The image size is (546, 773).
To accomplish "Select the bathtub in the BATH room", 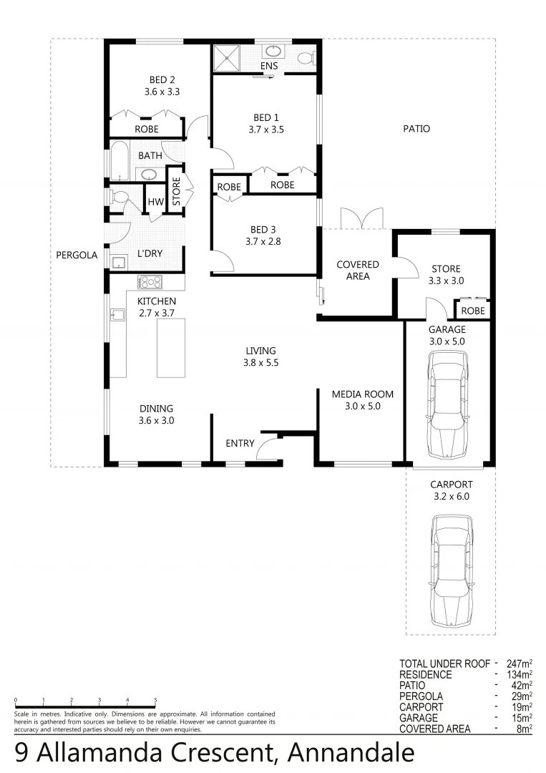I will (x=118, y=160).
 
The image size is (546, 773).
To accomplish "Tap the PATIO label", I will (x=416, y=130).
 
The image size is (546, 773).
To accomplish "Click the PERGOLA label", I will (x=77, y=254).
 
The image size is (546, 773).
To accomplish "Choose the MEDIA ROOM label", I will (x=362, y=394).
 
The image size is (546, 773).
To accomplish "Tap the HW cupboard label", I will (x=155, y=203).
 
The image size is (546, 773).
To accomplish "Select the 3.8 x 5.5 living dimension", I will (x=260, y=363).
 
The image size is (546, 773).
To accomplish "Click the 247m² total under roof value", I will (x=515, y=663).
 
